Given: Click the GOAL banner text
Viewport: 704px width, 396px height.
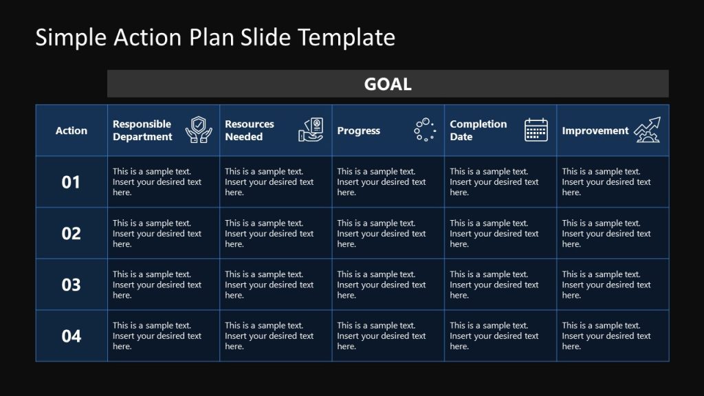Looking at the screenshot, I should pyautogui.click(x=388, y=84).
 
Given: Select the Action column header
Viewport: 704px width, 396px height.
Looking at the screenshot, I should pyautogui.click(x=71, y=131).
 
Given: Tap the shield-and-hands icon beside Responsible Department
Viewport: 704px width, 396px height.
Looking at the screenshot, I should pyautogui.click(x=199, y=129).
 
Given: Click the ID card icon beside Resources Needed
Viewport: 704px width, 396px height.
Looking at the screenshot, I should pyautogui.click(x=311, y=129).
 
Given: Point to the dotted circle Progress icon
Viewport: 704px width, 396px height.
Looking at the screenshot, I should pyautogui.click(x=424, y=129).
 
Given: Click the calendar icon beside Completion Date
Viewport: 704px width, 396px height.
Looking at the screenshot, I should pyautogui.click(x=536, y=129).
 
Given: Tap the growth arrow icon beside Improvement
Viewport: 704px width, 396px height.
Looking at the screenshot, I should pyautogui.click(x=647, y=129).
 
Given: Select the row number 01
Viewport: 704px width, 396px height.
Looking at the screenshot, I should pyautogui.click(x=71, y=182).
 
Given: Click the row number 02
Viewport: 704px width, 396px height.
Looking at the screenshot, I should pyautogui.click(x=71, y=234).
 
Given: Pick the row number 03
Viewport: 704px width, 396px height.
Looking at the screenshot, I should pyautogui.click(x=71, y=285).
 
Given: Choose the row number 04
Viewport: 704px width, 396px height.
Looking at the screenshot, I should pyautogui.click(x=71, y=336).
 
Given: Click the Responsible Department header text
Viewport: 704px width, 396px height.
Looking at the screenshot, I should pyautogui.click(x=142, y=131).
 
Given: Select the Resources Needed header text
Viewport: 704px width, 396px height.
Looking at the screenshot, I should pyautogui.click(x=250, y=131).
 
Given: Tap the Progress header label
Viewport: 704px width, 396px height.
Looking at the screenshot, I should pyautogui.click(x=358, y=131).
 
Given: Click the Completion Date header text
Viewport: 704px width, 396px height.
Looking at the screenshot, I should pyautogui.click(x=478, y=131).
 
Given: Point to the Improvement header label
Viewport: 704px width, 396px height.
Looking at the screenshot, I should pyautogui.click(x=595, y=131).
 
